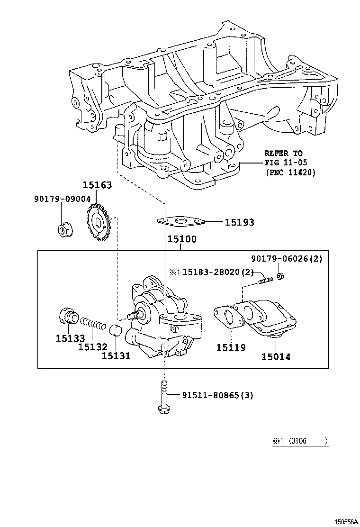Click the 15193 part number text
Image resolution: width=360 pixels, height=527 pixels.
coord(239,222)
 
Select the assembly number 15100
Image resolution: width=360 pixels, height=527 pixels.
coord(182,240)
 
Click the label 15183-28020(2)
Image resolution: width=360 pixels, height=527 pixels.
coord(218,272)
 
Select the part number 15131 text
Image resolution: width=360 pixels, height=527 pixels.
coord(116,355)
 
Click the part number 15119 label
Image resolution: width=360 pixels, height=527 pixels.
coord(231,348)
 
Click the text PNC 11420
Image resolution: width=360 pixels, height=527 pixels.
coord(289,173)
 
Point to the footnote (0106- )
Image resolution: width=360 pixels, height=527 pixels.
coord(299,441)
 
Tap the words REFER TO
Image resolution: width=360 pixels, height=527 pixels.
coord(283,153)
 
